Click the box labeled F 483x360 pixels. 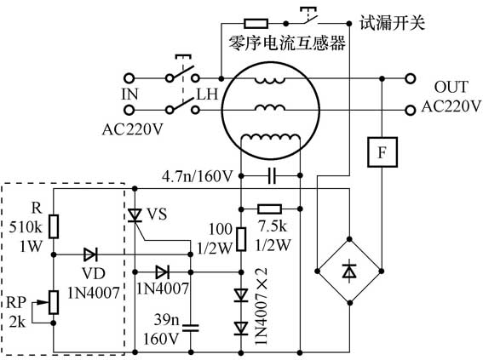point(379,151)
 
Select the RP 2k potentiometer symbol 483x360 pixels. point(54,301)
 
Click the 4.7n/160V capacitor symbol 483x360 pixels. point(271,176)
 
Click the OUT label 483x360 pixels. point(451,88)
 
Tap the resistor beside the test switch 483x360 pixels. point(256,22)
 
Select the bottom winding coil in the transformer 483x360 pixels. point(271,140)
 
